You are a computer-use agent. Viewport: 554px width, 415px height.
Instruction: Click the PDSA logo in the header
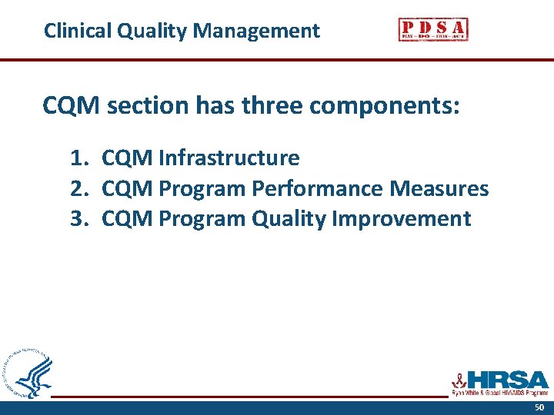tap(433, 29)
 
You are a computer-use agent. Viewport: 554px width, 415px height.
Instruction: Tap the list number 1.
tap(78, 158)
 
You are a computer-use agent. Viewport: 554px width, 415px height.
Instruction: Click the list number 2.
tap(78, 188)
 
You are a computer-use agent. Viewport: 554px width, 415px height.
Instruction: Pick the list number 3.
tap(78, 219)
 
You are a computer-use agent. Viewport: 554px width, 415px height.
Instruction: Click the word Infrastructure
tap(229, 158)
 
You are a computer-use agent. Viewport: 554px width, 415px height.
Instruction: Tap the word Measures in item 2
tap(439, 188)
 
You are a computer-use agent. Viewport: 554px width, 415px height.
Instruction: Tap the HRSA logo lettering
tap(507, 379)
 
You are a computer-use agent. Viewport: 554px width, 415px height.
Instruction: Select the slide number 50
tap(539, 407)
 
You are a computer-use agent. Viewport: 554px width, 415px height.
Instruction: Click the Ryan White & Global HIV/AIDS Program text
tap(499, 393)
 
